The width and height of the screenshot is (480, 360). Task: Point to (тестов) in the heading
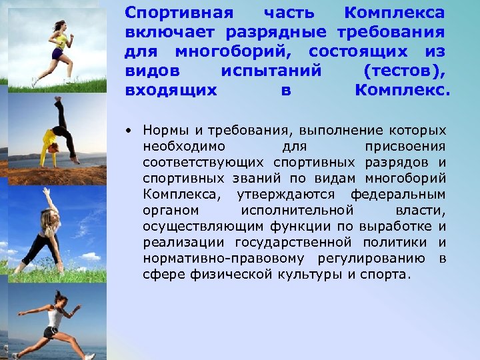click(405, 71)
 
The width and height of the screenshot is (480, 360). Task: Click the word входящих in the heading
click(171, 90)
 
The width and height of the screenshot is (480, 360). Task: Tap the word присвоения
click(405, 146)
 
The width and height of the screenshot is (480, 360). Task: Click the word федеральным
click(406, 194)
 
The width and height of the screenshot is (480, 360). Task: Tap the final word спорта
click(387, 274)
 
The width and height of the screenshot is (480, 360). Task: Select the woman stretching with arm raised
click(47, 230)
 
